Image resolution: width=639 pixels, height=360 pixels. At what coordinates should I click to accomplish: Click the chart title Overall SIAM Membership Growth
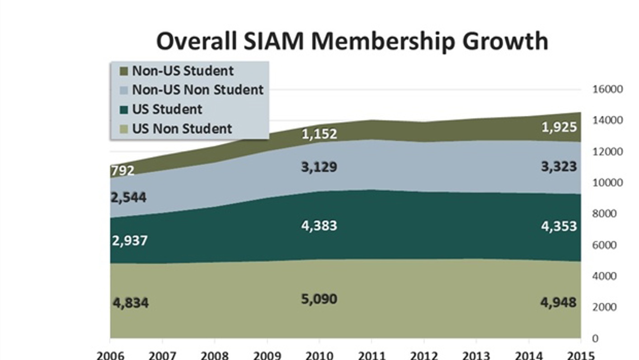[352, 41]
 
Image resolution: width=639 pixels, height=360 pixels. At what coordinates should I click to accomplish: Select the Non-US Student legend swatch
[123, 71]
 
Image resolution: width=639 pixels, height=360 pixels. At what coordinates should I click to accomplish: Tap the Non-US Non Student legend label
[197, 90]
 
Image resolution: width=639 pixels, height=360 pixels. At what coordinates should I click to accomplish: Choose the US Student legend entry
[167, 109]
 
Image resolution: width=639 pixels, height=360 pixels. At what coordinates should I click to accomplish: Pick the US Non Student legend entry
[182, 128]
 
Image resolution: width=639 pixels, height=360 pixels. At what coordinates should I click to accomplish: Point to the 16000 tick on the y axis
[607, 89]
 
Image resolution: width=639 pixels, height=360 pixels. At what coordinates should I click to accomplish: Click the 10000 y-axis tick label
[607, 183]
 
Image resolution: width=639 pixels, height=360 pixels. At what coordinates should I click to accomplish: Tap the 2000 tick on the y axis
[605, 307]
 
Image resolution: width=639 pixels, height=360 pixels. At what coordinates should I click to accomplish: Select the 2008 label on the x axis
[214, 355]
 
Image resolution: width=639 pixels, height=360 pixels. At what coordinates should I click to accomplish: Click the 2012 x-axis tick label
[424, 355]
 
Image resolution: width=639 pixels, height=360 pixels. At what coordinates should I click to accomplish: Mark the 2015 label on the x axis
[581, 355]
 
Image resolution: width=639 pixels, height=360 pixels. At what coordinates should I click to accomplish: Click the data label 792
[122, 171]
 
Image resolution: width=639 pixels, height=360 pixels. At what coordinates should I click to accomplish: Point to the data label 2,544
[129, 198]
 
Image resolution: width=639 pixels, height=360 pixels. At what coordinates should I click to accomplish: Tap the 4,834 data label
[130, 302]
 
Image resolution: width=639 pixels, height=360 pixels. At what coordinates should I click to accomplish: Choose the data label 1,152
[319, 134]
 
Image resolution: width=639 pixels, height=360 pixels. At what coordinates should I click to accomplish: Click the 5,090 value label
[319, 299]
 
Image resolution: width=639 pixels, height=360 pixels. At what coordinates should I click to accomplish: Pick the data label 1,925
[559, 127]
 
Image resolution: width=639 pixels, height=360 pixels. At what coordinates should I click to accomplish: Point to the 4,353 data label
[559, 225]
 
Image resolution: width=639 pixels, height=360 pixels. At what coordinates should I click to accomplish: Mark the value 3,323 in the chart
[559, 166]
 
